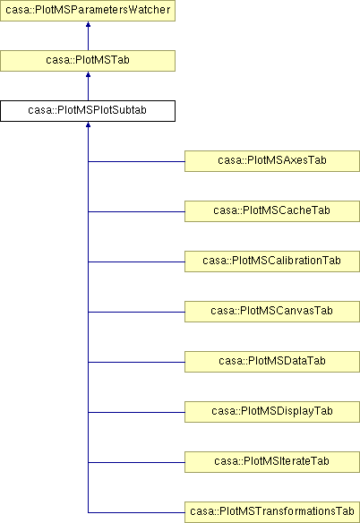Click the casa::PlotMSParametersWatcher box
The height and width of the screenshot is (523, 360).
tap(88, 11)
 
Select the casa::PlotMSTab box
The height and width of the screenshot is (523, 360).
tap(88, 61)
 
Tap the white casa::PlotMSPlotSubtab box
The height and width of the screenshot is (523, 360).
tap(88, 111)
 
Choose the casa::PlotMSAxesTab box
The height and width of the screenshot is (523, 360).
tap(272, 161)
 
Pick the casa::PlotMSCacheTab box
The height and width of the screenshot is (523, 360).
tap(272, 211)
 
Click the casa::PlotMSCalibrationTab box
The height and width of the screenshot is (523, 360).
tap(272, 261)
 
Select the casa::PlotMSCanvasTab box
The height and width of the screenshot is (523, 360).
tap(272, 312)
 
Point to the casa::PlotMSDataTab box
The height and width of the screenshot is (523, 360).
tap(272, 362)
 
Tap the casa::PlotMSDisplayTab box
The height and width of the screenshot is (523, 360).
tap(272, 412)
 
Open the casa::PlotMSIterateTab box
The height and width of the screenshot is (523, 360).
tap(272, 462)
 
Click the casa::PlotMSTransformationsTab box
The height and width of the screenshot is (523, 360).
tap(272, 512)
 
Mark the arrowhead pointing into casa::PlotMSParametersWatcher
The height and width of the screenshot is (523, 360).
tap(88, 24)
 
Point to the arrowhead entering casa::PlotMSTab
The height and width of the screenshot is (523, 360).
tap(88, 74)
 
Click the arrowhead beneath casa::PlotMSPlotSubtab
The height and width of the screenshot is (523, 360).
tap(88, 124)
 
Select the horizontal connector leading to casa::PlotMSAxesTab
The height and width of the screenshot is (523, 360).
tap(136, 162)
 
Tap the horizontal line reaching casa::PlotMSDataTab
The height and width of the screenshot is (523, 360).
tap(136, 362)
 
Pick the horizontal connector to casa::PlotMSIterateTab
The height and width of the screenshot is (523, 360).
tap(136, 463)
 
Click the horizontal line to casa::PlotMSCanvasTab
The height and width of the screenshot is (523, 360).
tap(136, 313)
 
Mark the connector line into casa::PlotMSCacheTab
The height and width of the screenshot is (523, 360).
tap(136, 212)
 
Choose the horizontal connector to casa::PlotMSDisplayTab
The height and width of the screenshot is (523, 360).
tap(136, 413)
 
